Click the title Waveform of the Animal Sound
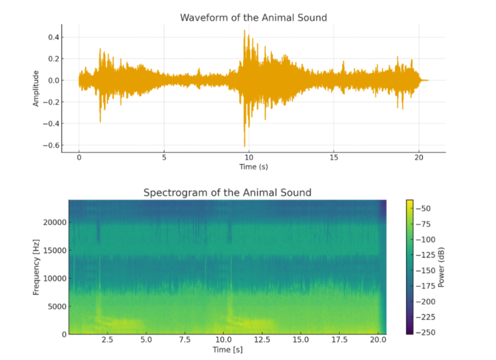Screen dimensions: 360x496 (x=253, y=18)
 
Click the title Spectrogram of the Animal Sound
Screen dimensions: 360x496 (x=227, y=193)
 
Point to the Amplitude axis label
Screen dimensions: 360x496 (x=36, y=88)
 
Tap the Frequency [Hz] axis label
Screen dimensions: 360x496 (x=36, y=266)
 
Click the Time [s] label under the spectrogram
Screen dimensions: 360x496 (x=227, y=349)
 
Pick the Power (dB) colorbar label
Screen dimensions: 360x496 (x=442, y=266)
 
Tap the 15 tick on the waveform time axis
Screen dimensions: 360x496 (x=334, y=158)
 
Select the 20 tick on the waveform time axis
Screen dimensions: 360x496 (x=419, y=158)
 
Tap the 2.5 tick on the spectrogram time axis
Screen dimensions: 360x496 (x=107, y=340)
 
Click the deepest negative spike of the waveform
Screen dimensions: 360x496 (x=244, y=146)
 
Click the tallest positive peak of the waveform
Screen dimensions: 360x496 (x=244, y=31)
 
